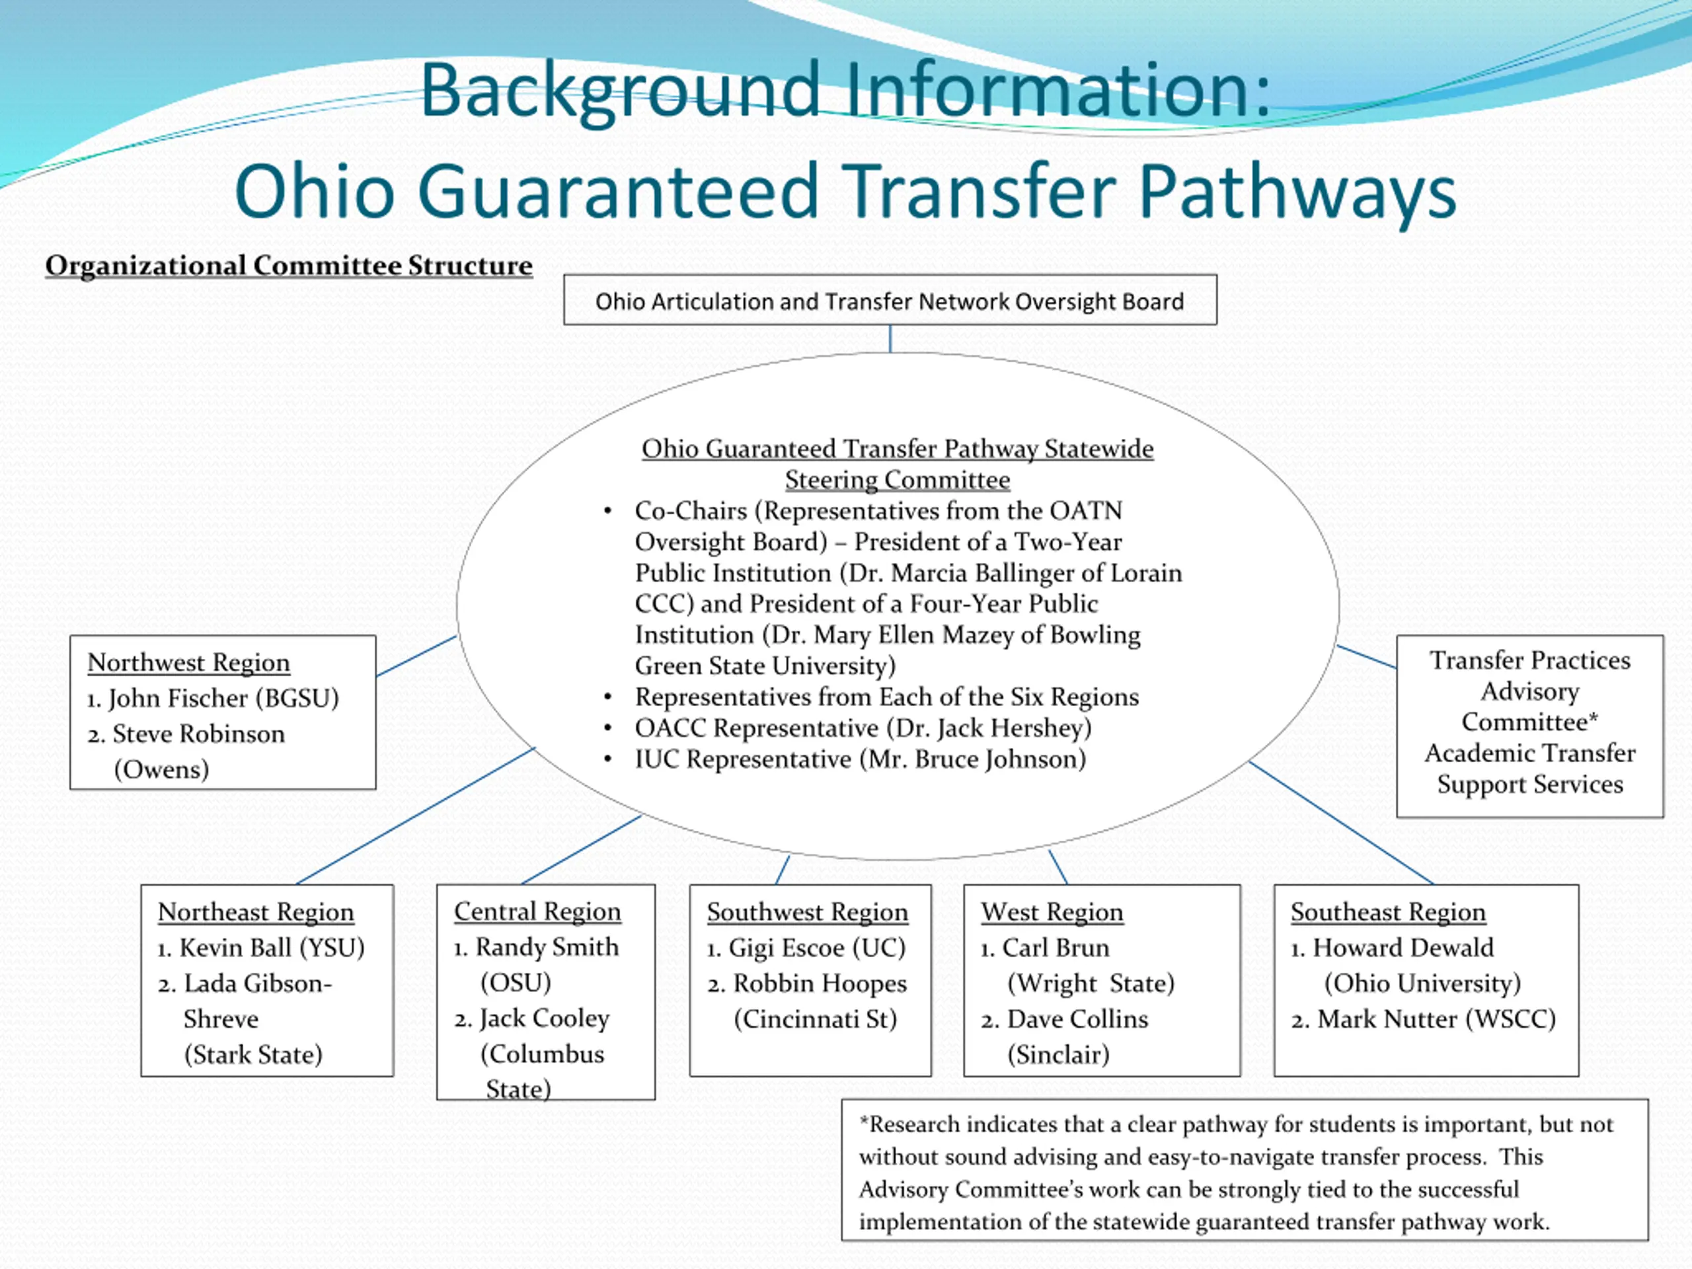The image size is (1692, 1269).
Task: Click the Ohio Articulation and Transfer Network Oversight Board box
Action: coord(890,301)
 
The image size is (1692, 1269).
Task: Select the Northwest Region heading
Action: coord(188,662)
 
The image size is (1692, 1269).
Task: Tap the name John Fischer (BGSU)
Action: coord(222,699)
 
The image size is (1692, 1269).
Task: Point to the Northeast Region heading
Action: coord(256,912)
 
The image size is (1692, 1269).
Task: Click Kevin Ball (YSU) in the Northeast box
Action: coord(271,948)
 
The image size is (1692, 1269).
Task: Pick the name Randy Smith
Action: coord(546,947)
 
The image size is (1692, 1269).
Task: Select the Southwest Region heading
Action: coord(807,912)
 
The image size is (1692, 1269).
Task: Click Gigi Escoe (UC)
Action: coord(816,948)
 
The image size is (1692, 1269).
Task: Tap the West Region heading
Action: coord(1052,912)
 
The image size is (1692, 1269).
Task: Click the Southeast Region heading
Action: coord(1387,912)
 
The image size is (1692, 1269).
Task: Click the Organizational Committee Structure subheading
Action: coord(288,266)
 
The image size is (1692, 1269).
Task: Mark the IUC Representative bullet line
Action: coord(860,759)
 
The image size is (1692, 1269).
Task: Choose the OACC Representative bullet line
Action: coord(863,728)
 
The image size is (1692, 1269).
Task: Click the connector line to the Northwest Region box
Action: coord(417,656)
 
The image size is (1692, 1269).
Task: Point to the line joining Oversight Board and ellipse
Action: coord(890,338)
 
